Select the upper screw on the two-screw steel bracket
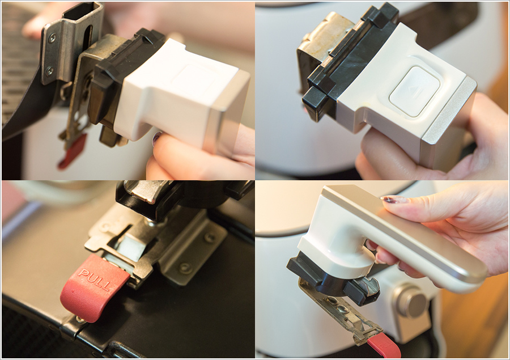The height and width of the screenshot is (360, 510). point(52,38)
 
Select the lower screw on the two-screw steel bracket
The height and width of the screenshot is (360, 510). point(50,71)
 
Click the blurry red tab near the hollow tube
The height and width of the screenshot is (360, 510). point(73,151)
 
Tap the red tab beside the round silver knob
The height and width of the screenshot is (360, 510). point(385,347)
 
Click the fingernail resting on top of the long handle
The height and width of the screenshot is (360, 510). point(394,200)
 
